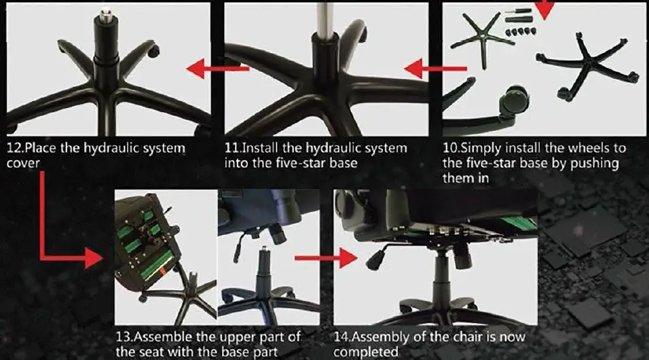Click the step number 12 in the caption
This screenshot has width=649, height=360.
[14, 148]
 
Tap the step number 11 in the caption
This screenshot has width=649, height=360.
[232, 148]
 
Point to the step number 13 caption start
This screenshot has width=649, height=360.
[123, 338]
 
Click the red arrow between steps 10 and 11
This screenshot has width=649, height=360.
[435, 68]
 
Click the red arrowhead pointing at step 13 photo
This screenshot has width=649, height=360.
[93, 258]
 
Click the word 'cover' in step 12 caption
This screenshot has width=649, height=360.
[23, 164]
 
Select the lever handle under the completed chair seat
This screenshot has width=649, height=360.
[375, 259]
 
